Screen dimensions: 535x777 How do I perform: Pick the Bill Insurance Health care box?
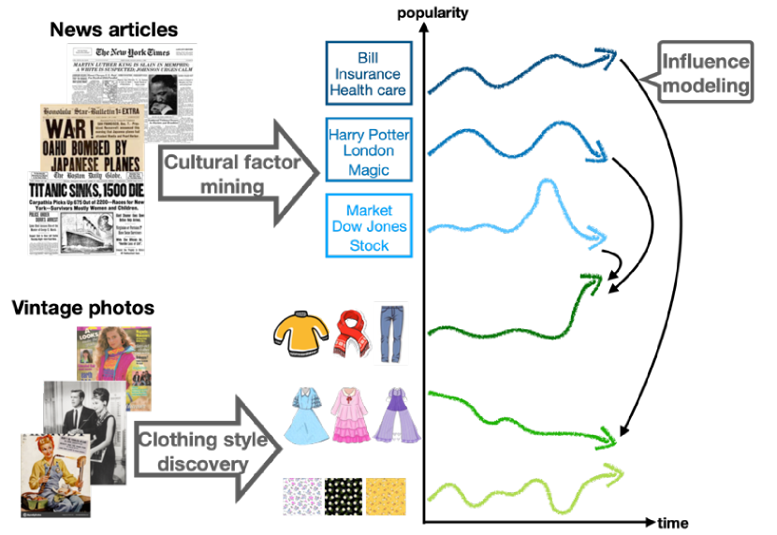pyautogui.click(x=369, y=73)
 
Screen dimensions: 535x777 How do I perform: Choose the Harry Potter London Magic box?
pyautogui.click(x=369, y=150)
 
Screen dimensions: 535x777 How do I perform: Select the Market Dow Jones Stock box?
pyautogui.click(x=369, y=226)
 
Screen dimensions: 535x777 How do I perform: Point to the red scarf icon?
pyautogui.click(x=350, y=335)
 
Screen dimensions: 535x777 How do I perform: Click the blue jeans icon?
pyautogui.click(x=391, y=333)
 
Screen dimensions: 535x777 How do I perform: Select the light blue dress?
pyautogui.click(x=306, y=416)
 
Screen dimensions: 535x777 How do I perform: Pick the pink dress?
pyautogui.click(x=350, y=416)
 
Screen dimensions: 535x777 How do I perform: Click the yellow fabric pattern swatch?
pyautogui.click(x=385, y=497)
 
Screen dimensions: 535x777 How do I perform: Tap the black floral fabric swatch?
pyautogui.click(x=343, y=497)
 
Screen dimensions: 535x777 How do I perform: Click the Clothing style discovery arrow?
pyautogui.click(x=210, y=451)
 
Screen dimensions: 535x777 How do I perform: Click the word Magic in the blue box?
pyautogui.click(x=369, y=169)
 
